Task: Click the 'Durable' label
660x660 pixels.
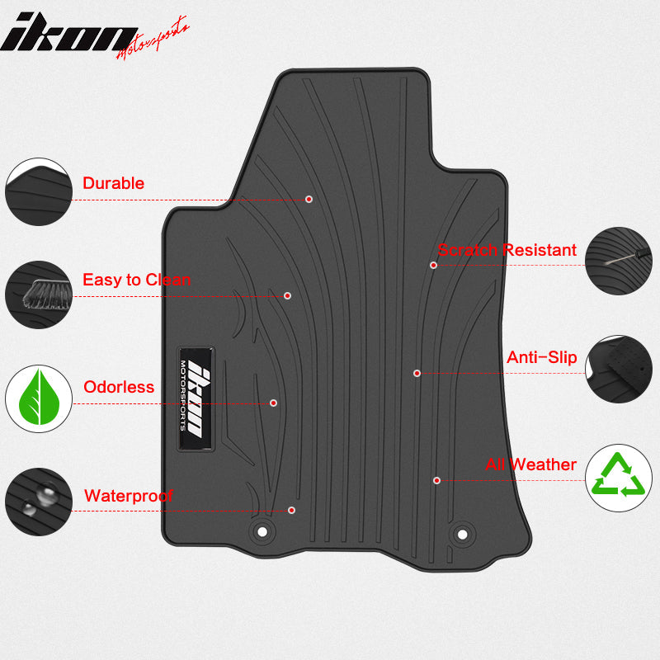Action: coord(113,183)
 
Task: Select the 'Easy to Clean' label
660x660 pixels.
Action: coord(136,280)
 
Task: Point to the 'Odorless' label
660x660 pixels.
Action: coord(119,387)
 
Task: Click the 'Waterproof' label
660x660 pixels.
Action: coord(129,496)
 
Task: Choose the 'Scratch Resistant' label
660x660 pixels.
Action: coord(507,250)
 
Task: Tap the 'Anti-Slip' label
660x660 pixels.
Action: coord(541,358)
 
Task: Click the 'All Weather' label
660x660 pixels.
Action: coord(530,464)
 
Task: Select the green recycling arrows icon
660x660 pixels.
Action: coord(619,478)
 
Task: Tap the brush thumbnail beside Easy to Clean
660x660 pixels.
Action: coord(38,295)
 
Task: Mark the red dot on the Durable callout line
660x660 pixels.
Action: coord(309,199)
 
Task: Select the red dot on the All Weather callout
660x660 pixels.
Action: coord(436,480)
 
